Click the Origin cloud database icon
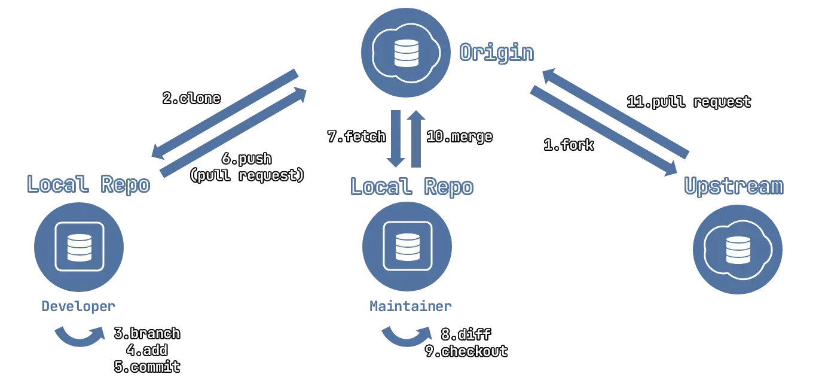pos(406,51)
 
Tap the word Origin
pos(496,53)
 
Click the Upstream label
pos(733,187)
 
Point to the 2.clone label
pos(191,98)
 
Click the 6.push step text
pos(246,159)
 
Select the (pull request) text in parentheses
pos(247,175)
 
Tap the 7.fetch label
pos(356,136)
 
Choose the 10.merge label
pos(459,136)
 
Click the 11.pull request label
pos(689,102)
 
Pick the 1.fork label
pos(569,145)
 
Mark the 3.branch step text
pos(147,333)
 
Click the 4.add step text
pos(146,350)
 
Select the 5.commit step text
pos(147,367)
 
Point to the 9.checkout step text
pos(466,351)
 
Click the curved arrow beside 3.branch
pos(78,337)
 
